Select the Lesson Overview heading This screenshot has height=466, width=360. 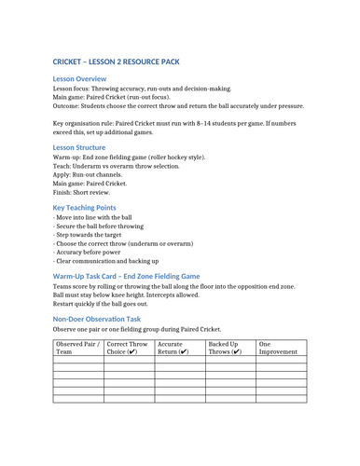[x=79, y=80]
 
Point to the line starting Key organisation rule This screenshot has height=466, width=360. [x=177, y=128]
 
